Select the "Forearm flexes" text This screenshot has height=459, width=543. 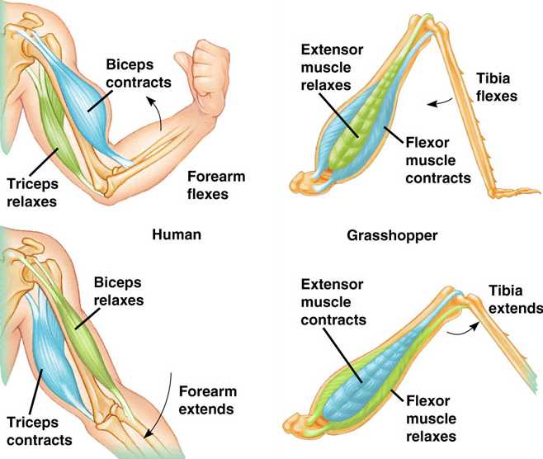(215, 185)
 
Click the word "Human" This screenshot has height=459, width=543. (177, 234)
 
